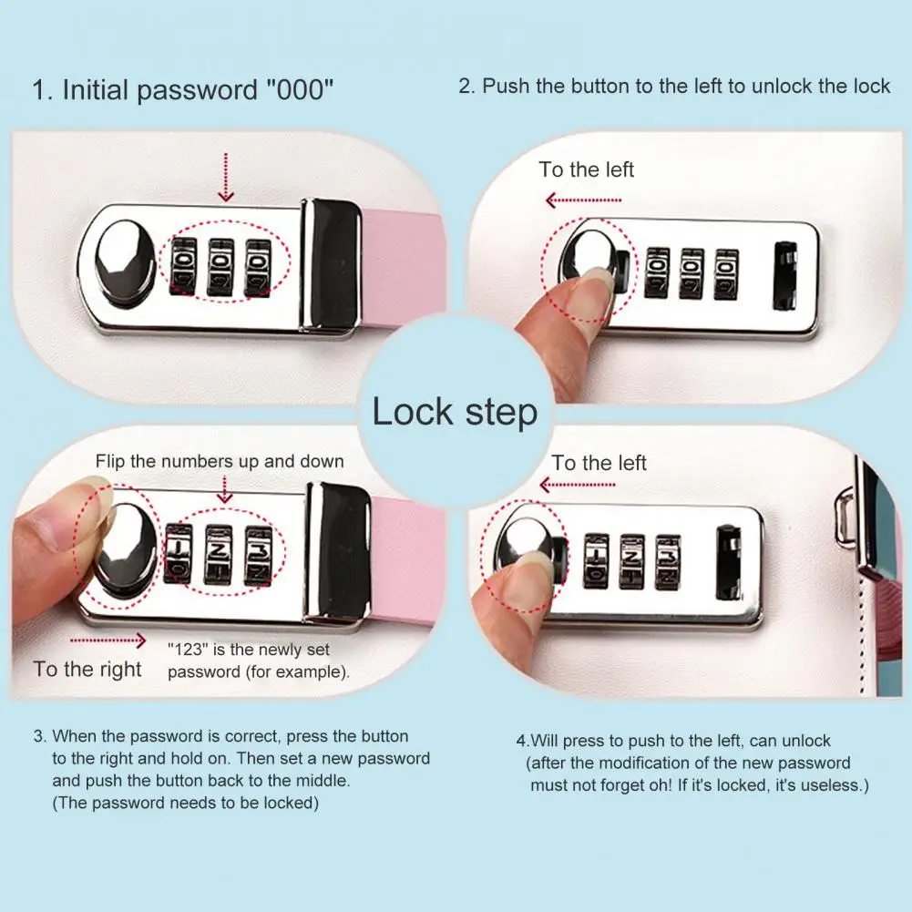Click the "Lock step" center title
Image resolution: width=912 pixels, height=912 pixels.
[455, 412]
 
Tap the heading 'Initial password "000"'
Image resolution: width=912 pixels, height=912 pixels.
[183, 90]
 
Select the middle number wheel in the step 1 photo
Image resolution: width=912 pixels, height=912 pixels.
[220, 266]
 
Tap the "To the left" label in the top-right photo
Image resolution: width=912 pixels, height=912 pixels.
[586, 169]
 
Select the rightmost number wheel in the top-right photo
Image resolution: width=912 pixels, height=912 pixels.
[726, 273]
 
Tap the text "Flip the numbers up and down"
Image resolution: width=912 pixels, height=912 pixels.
[220, 461]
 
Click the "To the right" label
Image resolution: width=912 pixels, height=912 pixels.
[87, 670]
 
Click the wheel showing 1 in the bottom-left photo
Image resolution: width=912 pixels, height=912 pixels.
[179, 553]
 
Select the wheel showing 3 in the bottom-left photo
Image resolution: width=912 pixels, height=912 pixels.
[258, 553]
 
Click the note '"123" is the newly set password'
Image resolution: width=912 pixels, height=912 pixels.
[259, 661]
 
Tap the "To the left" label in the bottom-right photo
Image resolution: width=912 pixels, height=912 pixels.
[599, 463]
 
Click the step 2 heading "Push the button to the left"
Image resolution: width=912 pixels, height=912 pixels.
[674, 87]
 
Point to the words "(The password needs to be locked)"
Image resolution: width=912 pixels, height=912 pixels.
[185, 803]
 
